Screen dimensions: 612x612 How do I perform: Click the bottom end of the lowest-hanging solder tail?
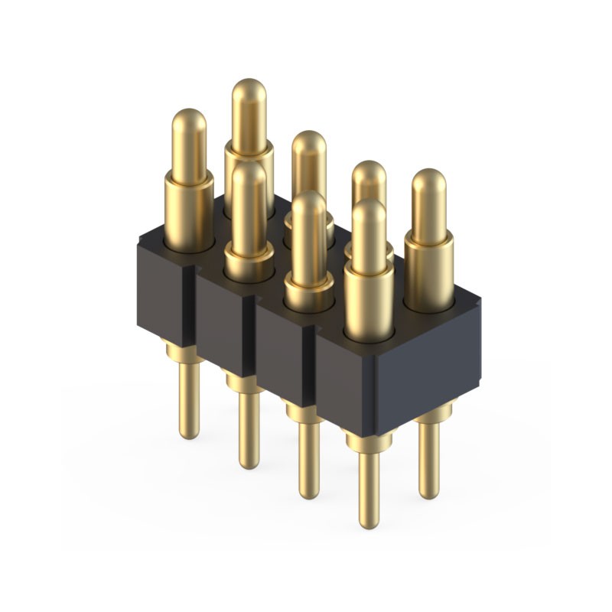[369, 523]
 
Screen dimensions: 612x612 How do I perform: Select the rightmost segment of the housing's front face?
[344, 386]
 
